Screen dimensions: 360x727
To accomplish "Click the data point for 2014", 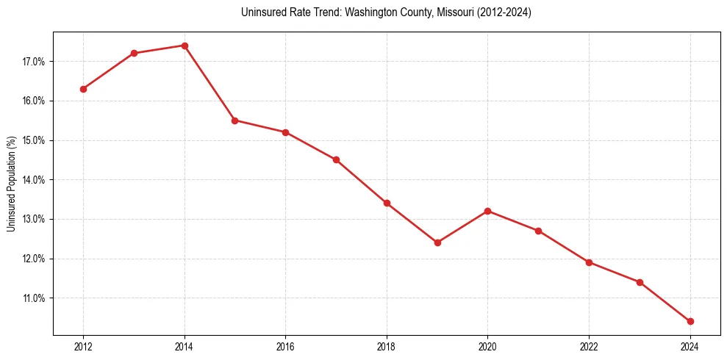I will [x=185, y=46].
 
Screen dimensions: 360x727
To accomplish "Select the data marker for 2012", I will [x=83, y=89].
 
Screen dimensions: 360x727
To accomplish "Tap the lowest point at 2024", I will [x=690, y=321].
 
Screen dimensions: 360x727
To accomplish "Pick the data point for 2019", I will [x=437, y=242].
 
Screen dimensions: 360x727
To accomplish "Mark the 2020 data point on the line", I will [x=488, y=211].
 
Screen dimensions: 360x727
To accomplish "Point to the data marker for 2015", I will [x=234, y=120].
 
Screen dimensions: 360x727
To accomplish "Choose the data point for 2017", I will [x=336, y=159].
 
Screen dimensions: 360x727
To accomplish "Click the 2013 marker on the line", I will [x=134, y=53].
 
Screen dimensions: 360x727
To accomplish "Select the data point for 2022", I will [x=589, y=262].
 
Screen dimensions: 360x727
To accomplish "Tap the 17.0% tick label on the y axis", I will [x=33, y=62].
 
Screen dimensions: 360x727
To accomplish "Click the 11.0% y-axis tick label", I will [x=33, y=298].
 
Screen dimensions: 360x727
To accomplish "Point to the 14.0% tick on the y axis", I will [x=33, y=180].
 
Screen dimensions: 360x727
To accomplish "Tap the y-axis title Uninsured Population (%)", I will [x=11, y=184].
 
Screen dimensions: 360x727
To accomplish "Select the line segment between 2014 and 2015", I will [x=209, y=83].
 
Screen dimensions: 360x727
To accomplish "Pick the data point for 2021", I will [x=538, y=231].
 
